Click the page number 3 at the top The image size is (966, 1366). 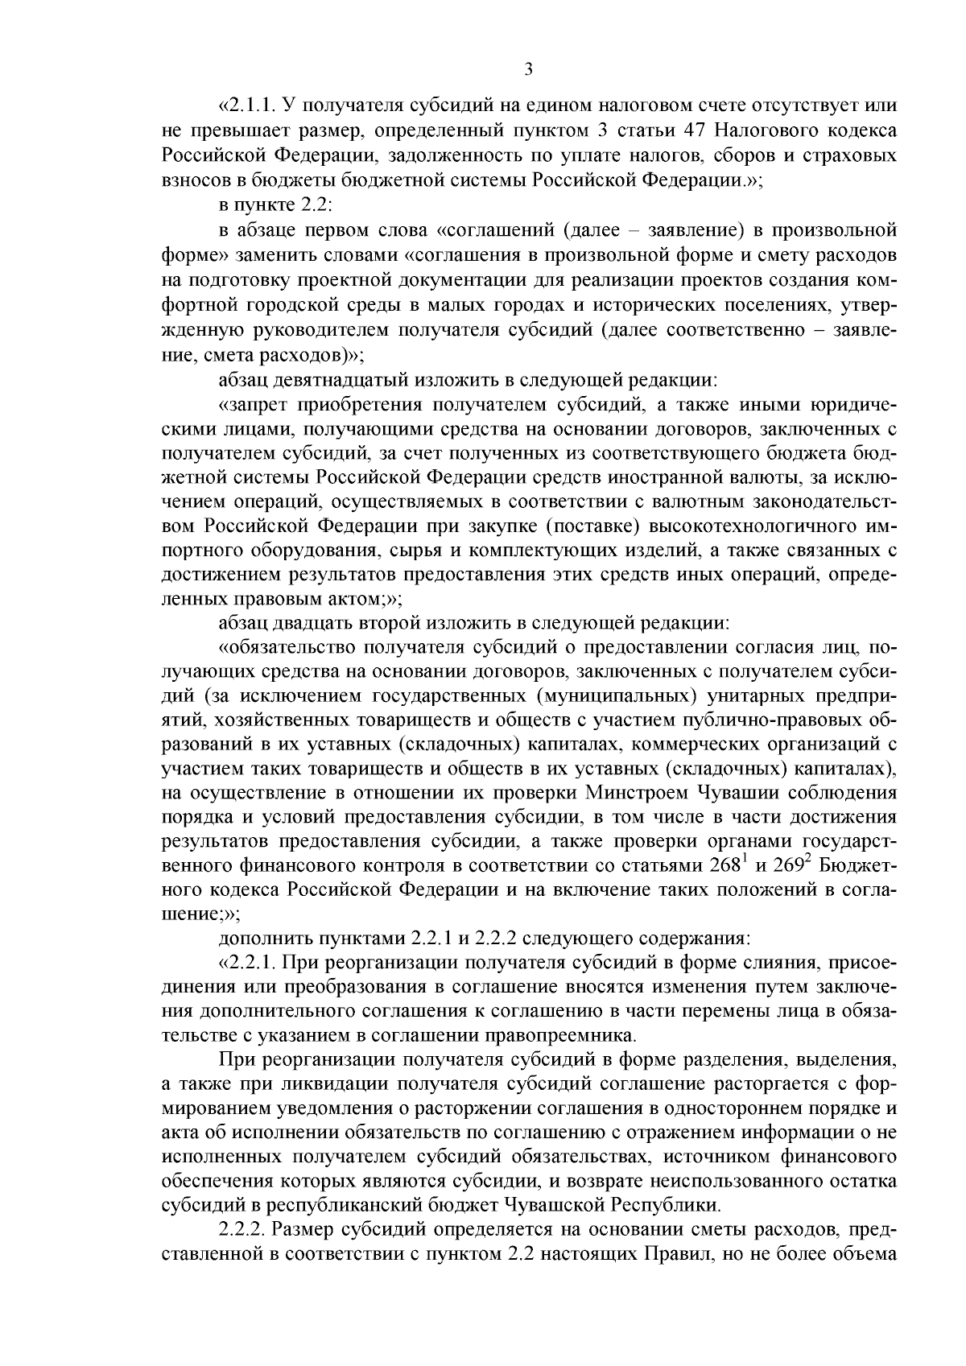click(528, 70)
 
